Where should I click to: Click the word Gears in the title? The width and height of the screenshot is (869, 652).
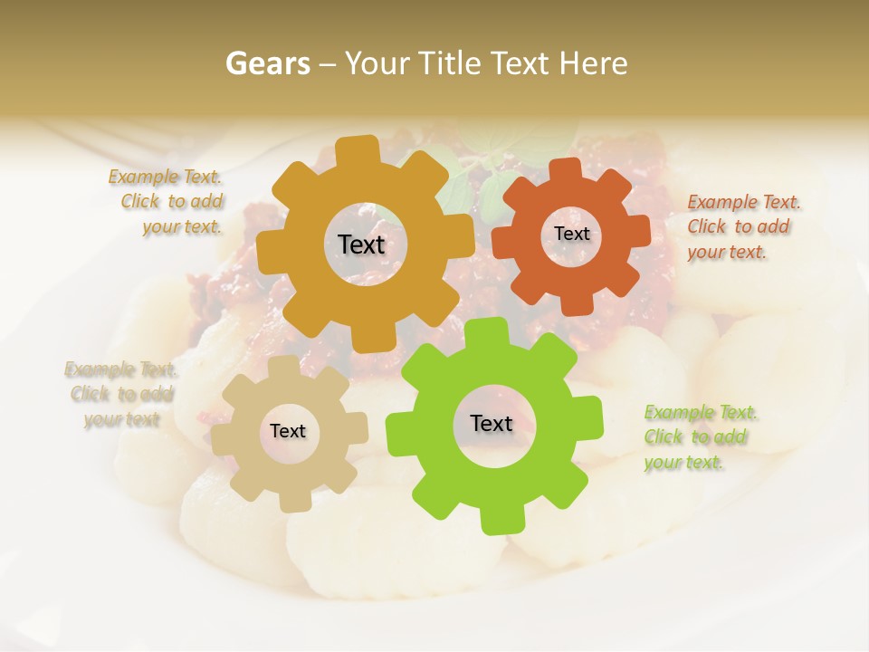267,63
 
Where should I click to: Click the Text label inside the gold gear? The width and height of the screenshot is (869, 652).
361,244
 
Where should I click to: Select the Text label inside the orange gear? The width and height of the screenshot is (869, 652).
571,234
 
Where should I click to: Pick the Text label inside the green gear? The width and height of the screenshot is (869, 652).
491,423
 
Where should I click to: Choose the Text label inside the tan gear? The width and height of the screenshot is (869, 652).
287,431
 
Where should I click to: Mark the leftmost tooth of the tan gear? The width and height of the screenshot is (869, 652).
223,433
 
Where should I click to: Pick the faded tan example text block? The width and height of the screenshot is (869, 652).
121,394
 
